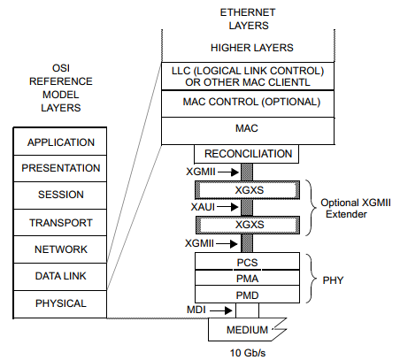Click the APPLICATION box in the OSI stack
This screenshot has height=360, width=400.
coord(61,142)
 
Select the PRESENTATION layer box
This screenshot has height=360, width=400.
coord(61,168)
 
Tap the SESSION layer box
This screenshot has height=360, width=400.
coord(61,195)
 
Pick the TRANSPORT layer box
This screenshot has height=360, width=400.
coord(61,223)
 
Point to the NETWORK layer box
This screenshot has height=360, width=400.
coord(61,249)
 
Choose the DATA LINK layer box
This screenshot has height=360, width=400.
coord(61,277)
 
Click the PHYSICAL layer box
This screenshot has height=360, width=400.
coord(61,303)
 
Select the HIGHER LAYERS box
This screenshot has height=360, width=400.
coord(247,47)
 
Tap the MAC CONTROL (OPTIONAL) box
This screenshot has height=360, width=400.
coord(247,102)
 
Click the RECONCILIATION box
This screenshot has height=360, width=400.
coord(247,154)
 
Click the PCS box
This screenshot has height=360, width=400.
coord(247,262)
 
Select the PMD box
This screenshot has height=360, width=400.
coord(247,294)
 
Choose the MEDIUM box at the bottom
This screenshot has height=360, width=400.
coord(247,331)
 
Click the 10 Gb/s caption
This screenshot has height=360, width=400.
coord(247,352)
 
